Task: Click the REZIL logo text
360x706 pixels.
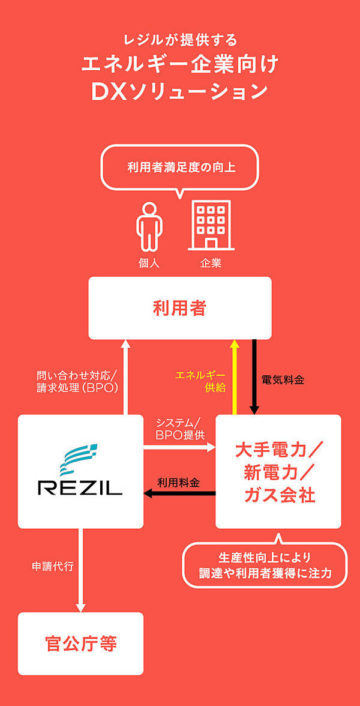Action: (80, 486)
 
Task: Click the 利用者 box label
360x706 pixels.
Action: (179, 309)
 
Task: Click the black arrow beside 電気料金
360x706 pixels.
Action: (254, 377)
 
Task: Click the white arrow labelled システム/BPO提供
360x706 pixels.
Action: (179, 447)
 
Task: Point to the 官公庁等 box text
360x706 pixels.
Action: (80, 644)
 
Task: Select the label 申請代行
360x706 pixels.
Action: (53, 566)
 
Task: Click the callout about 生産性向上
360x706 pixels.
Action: (265, 565)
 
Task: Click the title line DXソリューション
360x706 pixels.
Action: (179, 91)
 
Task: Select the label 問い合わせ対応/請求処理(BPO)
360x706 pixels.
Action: (77, 382)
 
